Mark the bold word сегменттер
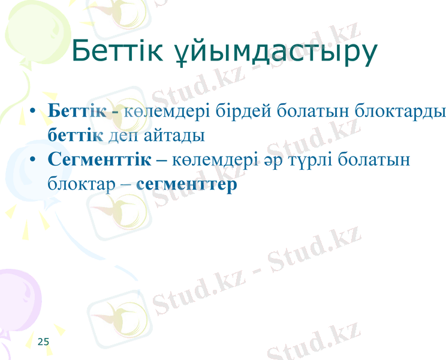point(186,184)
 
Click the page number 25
point(43,342)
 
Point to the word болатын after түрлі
point(373,160)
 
